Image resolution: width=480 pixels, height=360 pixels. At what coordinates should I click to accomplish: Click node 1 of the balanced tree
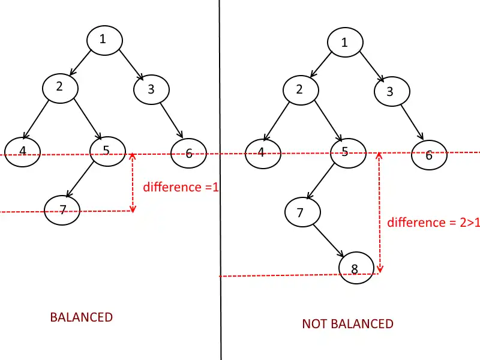pos(104,40)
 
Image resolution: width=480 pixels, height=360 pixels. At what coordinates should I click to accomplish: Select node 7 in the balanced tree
pos(62,211)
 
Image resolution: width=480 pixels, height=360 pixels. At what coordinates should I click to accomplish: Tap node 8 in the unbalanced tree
pos(356,268)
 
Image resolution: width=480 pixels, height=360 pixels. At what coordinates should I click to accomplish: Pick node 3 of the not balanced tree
pos(392,91)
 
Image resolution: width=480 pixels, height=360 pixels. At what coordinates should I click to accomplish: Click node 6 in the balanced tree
pos(188,153)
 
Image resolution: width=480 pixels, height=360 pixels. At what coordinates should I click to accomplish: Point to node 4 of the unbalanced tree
pos(263,154)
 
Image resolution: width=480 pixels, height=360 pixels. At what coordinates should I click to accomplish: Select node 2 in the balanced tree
pos(61,88)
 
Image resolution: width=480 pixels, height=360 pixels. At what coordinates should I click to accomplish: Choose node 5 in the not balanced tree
pos(349,153)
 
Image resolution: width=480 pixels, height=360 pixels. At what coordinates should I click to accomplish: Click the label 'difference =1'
pos(181,187)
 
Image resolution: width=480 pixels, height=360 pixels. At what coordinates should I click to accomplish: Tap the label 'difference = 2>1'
pos(433,223)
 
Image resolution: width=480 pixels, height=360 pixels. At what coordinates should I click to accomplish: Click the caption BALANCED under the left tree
pos(82,317)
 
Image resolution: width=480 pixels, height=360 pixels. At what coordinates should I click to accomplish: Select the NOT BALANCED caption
pos(348,324)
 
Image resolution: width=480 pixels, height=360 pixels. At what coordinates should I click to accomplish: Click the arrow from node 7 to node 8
pos(328,241)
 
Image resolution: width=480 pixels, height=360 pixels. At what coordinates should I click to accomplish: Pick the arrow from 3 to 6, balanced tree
pos(172,121)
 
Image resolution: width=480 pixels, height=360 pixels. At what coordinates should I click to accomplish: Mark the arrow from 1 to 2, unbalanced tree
pos(320,65)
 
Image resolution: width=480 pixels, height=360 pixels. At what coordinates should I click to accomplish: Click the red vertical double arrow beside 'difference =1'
pos(133,182)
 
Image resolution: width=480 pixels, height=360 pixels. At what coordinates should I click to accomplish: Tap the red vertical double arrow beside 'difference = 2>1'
pos(380,212)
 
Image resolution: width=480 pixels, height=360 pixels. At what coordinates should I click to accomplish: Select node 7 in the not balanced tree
pos(303,212)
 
